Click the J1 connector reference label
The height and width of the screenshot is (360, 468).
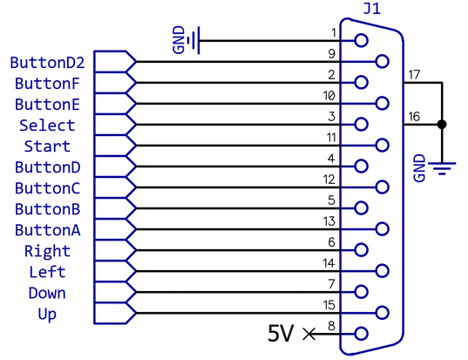point(372,9)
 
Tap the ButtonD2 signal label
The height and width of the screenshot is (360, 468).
point(47,63)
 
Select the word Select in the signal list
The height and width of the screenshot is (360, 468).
point(47,126)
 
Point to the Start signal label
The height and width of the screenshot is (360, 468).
point(47,146)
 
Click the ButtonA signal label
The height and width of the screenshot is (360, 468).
point(48,230)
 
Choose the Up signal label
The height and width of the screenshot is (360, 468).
point(47,315)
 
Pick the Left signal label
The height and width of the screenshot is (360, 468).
point(47,272)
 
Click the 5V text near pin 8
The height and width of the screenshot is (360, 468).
point(281,333)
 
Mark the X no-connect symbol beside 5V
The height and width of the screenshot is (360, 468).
point(309,334)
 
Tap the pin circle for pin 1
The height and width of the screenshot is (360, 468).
point(361,40)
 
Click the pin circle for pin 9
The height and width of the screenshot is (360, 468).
point(382,62)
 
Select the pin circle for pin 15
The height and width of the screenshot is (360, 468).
point(382,313)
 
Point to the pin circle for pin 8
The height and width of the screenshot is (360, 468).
point(361,334)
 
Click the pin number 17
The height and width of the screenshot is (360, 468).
point(414,75)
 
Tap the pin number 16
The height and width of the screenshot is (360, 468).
point(414,117)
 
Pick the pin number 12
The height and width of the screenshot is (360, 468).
point(329,180)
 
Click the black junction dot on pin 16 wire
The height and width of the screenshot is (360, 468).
point(442,124)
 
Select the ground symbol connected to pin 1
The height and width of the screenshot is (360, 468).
point(193,40)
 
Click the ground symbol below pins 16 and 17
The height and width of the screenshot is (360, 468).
point(442,168)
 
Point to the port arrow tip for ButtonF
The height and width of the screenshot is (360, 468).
point(136,83)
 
